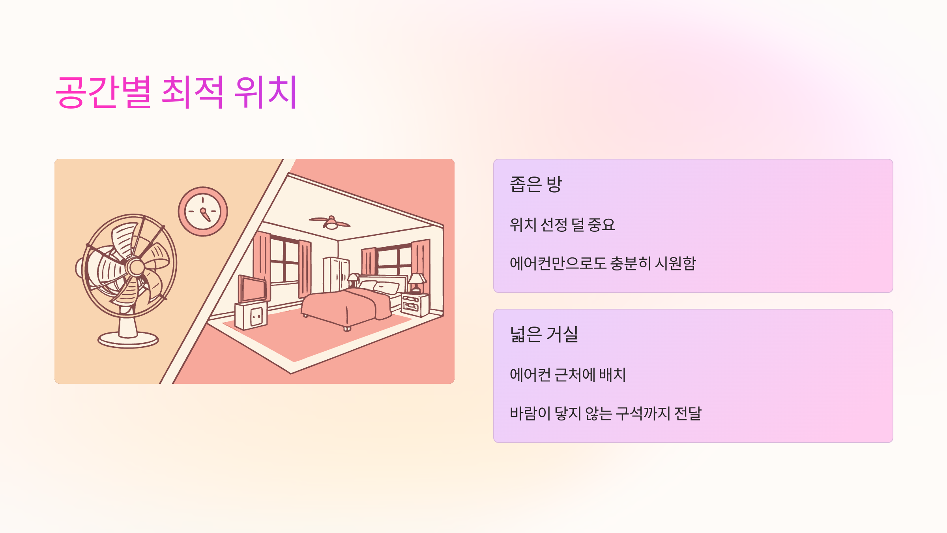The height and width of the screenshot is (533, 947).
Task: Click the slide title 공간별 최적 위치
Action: click(x=176, y=92)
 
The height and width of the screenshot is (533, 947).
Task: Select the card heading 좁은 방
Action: click(x=535, y=184)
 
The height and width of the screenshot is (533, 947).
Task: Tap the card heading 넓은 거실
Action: click(x=544, y=334)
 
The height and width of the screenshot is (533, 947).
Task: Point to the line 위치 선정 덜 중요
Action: click(x=562, y=225)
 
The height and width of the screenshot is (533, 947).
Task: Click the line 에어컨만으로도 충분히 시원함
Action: click(x=603, y=263)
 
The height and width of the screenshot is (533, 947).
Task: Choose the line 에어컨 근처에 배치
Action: click(x=567, y=375)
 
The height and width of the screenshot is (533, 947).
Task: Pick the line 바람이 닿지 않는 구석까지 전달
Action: click(x=605, y=413)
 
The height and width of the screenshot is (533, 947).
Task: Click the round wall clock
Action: click(x=203, y=212)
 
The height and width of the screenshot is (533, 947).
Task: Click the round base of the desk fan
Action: click(x=128, y=339)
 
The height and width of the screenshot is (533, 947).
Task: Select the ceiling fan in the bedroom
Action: click(x=330, y=223)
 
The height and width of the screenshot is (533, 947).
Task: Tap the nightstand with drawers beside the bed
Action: click(x=415, y=305)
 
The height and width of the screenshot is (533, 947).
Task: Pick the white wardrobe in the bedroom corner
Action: click(x=336, y=274)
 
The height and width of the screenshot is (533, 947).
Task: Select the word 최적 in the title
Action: click(x=193, y=92)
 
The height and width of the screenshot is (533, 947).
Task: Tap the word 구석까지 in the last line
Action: click(x=643, y=413)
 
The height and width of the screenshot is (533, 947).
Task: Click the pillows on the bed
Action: click(x=379, y=286)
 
